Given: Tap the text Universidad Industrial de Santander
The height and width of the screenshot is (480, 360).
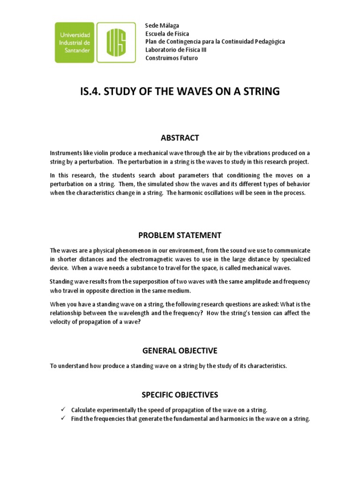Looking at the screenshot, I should pyautogui.click(x=78, y=42).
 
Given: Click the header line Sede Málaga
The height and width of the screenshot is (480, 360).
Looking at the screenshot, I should pyautogui.click(x=162, y=25).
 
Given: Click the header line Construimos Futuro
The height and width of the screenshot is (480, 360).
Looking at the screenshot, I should pyautogui.click(x=172, y=58).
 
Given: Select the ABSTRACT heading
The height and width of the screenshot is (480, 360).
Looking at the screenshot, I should pyautogui.click(x=180, y=138).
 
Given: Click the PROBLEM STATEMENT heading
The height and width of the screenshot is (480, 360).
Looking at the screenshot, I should pyautogui.click(x=180, y=235).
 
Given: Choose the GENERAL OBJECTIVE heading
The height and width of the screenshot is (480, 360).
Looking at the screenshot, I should pyautogui.click(x=180, y=351).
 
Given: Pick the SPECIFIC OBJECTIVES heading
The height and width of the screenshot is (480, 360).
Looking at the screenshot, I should pyautogui.click(x=180, y=395).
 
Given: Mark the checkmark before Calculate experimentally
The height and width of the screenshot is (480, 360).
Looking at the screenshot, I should pyautogui.click(x=62, y=410).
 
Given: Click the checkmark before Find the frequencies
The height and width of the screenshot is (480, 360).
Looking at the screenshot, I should pyautogui.click(x=62, y=419).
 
